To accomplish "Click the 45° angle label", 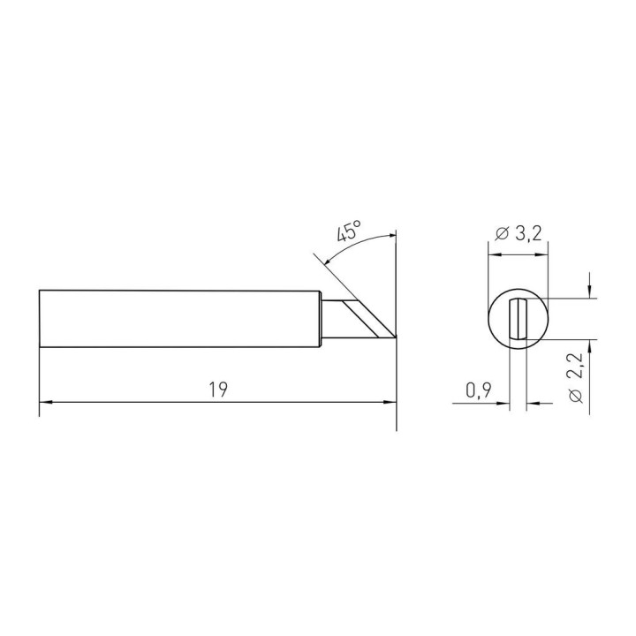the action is tap(349, 231).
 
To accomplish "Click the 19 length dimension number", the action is tap(218, 390).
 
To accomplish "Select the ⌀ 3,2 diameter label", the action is tap(519, 234).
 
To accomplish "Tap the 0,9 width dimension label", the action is tap(479, 390).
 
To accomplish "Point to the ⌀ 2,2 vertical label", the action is tap(576, 378).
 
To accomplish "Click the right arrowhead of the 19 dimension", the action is tap(390, 402).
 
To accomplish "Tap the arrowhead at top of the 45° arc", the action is tap(390, 235).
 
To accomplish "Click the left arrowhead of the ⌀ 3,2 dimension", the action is tap(495, 255).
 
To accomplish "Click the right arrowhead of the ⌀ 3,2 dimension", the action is tap(541, 255).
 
